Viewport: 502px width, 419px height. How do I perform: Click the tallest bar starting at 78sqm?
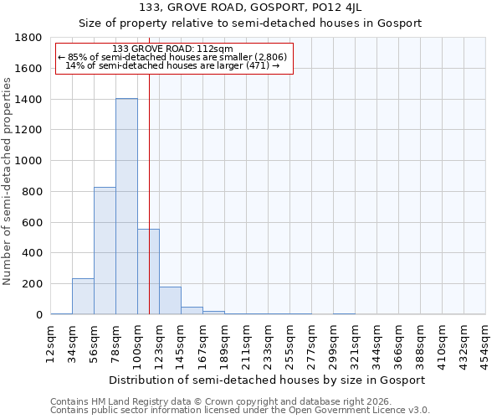126,206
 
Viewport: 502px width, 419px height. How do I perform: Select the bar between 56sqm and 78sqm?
105,251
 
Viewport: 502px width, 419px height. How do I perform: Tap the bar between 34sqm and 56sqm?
83,297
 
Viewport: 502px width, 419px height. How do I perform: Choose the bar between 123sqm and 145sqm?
170,301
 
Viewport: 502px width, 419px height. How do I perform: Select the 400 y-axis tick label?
33,253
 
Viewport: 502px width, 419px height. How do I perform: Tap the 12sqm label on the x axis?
51,344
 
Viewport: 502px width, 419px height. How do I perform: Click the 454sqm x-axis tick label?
485,344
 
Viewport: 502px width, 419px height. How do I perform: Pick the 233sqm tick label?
268,344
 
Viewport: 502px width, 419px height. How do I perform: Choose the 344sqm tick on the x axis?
376,344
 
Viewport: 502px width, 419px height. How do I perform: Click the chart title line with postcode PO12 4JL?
250,8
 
